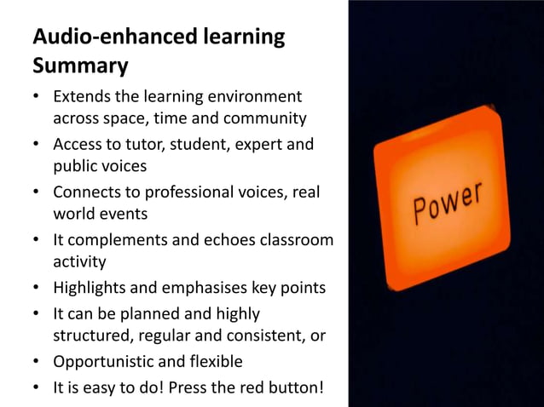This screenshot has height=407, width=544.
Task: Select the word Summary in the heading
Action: pos(80,65)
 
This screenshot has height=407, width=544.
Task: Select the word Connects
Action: pos(88,192)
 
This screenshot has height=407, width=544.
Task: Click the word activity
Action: pos(79,261)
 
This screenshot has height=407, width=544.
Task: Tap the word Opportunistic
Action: pos(104,362)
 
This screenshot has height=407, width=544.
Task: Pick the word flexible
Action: pos(213,362)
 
